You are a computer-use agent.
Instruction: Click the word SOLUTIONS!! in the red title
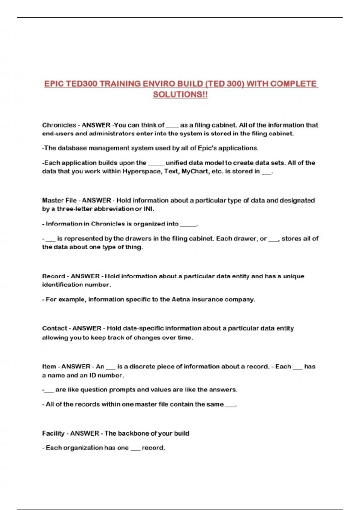pyautogui.click(x=180, y=94)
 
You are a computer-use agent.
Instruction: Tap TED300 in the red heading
pyautogui.click(x=81, y=84)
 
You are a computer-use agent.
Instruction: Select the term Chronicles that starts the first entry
pyautogui.click(x=59, y=125)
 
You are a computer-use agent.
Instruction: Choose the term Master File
pyautogui.click(x=59, y=200)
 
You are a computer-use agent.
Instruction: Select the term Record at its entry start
pyautogui.click(x=53, y=276)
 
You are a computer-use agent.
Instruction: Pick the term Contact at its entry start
pyautogui.click(x=55, y=328)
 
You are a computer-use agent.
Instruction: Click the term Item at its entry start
pyautogui.click(x=49, y=367)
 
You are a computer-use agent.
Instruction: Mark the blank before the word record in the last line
pyautogui.click(x=135, y=448)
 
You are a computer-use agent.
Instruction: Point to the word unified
pyautogui.click(x=178, y=163)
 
